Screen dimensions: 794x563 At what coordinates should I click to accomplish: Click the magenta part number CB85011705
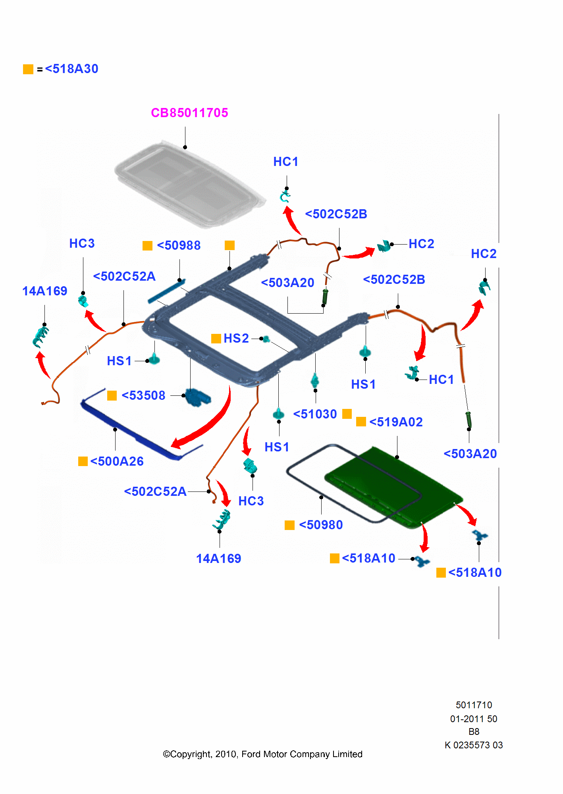pos(189,113)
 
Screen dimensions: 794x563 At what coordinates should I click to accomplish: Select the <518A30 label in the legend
pos(71,69)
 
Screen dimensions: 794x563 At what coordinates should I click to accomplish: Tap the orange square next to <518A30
pos(28,69)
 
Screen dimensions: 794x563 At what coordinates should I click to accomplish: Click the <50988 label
pos(179,245)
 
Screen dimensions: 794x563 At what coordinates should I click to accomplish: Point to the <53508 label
pos(143,395)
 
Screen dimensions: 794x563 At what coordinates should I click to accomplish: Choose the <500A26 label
pos(117,461)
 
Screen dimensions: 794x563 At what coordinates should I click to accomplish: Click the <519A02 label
pos(396,422)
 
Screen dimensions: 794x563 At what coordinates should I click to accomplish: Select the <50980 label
pos(321,525)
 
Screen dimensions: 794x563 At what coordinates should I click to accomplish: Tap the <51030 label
pos(315,414)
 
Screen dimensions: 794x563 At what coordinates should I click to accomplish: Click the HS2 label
pos(236,338)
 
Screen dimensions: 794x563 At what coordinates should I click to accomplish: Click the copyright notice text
pos(262,754)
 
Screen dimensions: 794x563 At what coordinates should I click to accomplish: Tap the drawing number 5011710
pos(474,705)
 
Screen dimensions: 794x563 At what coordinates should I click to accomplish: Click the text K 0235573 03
pos(474,745)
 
